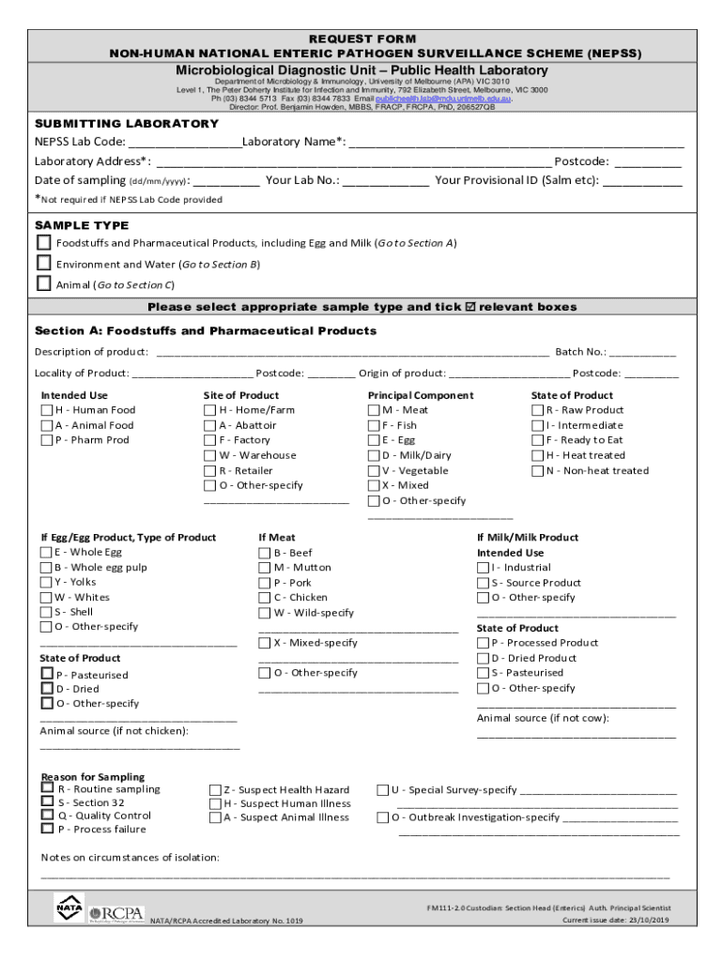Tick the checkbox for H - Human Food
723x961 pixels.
[x=46, y=410]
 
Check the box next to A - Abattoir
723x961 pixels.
[x=209, y=425]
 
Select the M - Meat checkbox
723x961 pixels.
[x=373, y=410]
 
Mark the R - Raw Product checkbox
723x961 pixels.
[x=537, y=410]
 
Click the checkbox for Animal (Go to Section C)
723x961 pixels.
[x=43, y=283]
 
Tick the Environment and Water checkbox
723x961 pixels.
[x=43, y=264]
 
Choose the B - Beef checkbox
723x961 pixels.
[x=264, y=553]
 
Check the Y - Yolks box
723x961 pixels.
[x=46, y=583]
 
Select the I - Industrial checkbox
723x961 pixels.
[x=483, y=568]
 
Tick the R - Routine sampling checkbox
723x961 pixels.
[x=47, y=789]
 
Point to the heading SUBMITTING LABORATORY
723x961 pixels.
[x=127, y=124]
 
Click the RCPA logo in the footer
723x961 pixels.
[x=117, y=913]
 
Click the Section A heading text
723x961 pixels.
[x=206, y=331]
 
